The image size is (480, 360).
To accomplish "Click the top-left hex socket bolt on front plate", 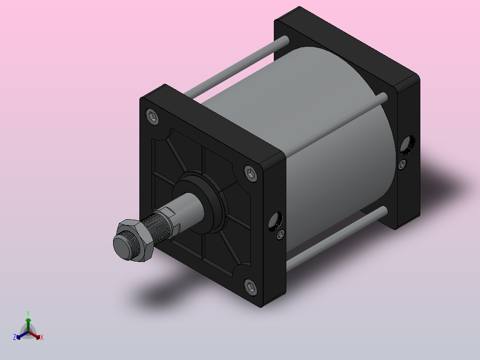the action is (152, 117).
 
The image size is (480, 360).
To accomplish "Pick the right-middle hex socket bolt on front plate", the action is (251, 174).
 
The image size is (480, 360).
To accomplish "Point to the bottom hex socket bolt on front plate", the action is (251, 287).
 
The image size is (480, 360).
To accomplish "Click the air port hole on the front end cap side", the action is (276, 221).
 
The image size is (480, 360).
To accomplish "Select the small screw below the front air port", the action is (281, 235).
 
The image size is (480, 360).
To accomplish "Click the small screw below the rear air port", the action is (403, 164).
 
